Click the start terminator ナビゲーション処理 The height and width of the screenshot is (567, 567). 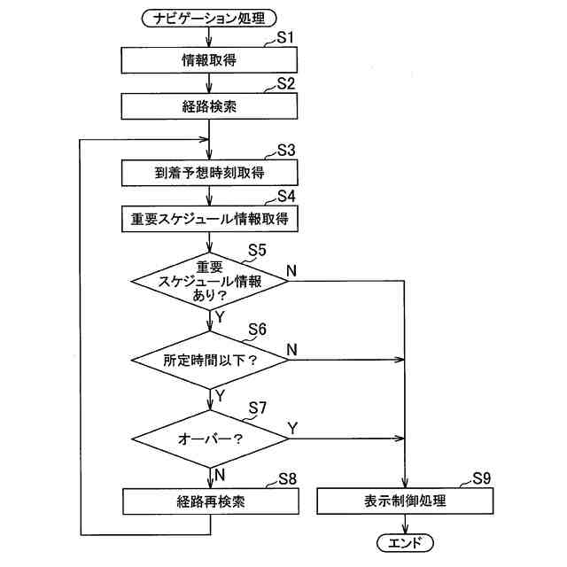coord(209,17)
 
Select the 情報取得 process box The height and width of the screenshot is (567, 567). coord(209,60)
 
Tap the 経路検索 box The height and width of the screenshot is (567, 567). coord(209,105)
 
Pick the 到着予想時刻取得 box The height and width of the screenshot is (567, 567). coord(209,171)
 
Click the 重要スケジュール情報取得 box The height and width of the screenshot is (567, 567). coord(209,216)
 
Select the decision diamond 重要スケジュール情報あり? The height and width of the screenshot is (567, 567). coord(209,281)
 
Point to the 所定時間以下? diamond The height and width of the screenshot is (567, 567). coord(209,361)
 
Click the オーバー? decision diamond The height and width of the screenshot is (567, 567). coord(209,438)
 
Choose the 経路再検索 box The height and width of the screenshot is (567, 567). coord(209,501)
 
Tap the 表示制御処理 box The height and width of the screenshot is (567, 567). coord(405,501)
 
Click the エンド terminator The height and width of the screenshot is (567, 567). coord(405,542)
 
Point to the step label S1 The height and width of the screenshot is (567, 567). coord(285,38)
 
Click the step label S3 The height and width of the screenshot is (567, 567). coord(285,149)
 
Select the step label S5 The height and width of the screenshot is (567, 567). coord(258,250)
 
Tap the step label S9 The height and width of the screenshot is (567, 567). coord(481,478)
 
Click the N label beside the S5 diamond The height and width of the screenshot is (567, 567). coord(291,268)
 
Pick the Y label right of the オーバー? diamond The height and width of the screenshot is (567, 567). coord(292,428)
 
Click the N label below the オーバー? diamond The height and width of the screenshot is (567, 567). coord(220,474)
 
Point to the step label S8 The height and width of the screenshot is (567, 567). coord(286,479)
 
